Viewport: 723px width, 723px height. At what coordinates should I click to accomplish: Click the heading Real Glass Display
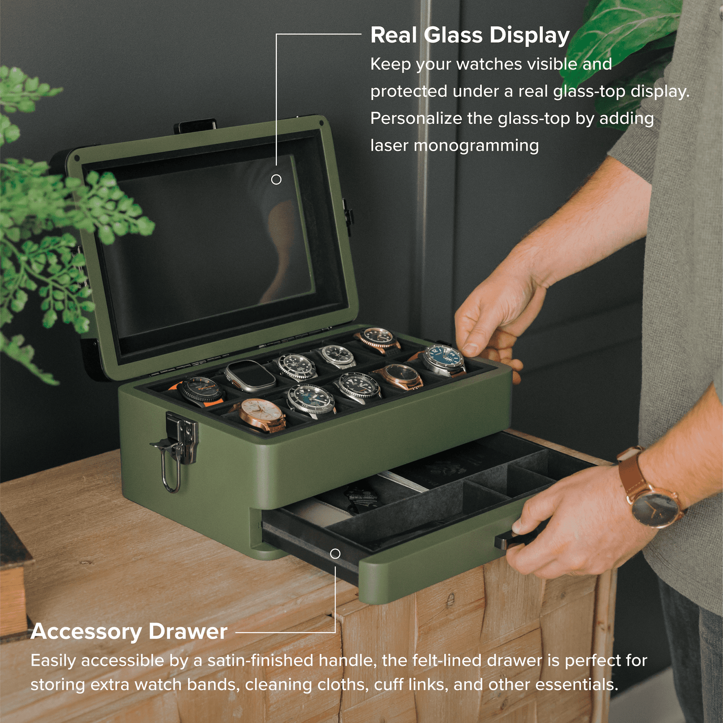point(469,36)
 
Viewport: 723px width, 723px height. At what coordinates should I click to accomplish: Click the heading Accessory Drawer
point(129,632)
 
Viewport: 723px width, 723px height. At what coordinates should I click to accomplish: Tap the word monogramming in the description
point(476,146)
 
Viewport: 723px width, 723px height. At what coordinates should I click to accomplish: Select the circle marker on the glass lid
point(276,180)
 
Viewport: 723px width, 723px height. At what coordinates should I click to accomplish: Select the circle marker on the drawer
point(335,554)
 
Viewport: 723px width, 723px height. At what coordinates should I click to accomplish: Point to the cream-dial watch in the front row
point(261,413)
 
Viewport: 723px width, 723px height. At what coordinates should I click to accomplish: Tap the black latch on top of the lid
point(195,125)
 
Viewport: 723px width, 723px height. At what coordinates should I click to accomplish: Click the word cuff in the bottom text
point(385,685)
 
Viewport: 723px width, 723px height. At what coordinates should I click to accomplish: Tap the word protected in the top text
point(409,92)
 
